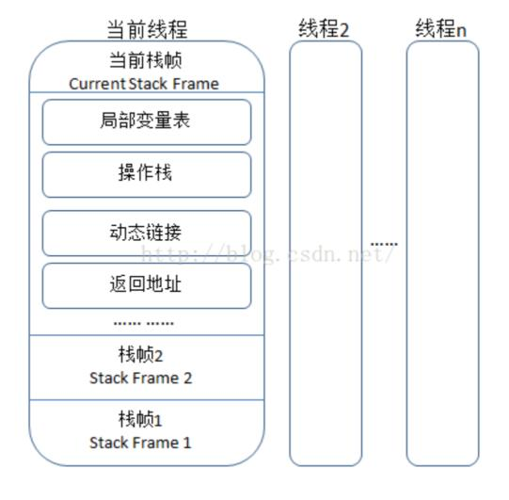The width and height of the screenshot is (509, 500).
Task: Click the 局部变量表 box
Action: pyautogui.click(x=146, y=121)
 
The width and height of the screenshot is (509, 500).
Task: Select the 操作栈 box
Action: pyautogui.click(x=146, y=174)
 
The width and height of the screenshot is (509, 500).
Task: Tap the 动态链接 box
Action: pyautogui.click(x=146, y=233)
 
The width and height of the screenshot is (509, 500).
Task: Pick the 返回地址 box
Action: pyautogui.click(x=146, y=285)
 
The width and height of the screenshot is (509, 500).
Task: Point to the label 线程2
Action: pyautogui.click(x=324, y=29)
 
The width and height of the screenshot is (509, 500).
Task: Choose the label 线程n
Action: pyautogui.click(x=440, y=29)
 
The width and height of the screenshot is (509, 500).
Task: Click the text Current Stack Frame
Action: pyautogui.click(x=144, y=84)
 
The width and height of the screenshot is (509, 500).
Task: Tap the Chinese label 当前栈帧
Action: pyautogui.click(x=144, y=60)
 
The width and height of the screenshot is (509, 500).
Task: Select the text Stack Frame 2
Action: pyautogui.click(x=141, y=379)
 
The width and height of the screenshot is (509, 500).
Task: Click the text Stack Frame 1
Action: pyautogui.click(x=141, y=443)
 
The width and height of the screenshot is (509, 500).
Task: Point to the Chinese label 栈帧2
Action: pyautogui.click(x=141, y=356)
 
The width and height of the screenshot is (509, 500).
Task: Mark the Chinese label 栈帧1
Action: pyautogui.click(x=141, y=420)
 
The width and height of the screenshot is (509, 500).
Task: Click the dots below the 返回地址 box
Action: pyautogui.click(x=143, y=323)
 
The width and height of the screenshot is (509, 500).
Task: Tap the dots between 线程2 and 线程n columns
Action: pyautogui.click(x=383, y=244)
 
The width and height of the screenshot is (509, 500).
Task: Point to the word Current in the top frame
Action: pyautogui.click(x=96, y=84)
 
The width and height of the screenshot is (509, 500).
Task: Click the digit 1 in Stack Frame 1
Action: pyautogui.click(x=187, y=443)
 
